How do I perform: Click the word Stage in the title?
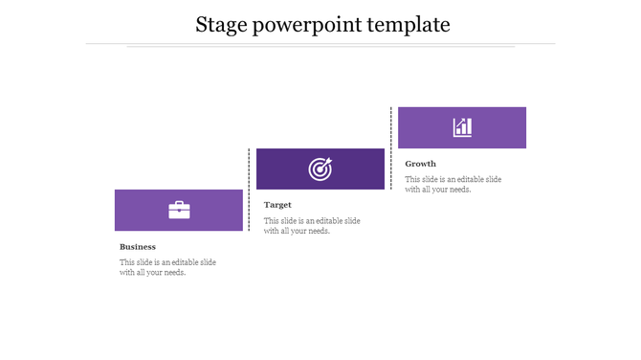point(221,25)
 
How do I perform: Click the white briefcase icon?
point(179,210)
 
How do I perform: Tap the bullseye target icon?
point(320,169)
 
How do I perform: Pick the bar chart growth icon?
point(462,127)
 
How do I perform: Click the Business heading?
point(138,247)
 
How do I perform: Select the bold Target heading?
point(277,205)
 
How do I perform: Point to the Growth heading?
point(420,164)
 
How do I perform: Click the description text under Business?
point(167,267)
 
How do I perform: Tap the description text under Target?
point(312,226)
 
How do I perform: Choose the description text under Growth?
point(453,184)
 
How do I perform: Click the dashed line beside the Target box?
point(250,190)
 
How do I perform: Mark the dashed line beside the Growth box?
point(391,148)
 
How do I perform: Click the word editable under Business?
point(177,262)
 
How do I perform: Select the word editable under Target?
point(321,221)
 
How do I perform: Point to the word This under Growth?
point(413,179)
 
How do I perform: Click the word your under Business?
point(156,273)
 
